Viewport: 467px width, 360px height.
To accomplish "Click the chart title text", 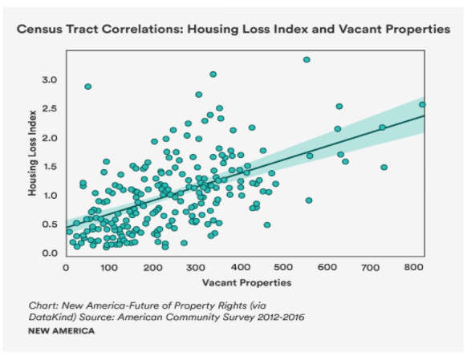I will click(x=233, y=30).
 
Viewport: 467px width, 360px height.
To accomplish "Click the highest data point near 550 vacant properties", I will click(x=307, y=59).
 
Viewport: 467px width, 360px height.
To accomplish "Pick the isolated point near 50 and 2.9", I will click(x=87, y=87).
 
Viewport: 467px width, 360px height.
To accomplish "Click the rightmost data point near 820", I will click(x=422, y=104).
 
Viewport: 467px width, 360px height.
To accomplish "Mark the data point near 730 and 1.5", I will click(x=384, y=168).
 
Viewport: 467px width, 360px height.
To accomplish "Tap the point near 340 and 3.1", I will click(x=213, y=75).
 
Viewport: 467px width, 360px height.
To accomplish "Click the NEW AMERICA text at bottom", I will click(x=61, y=331).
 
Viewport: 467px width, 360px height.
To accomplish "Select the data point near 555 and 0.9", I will click(x=308, y=200).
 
